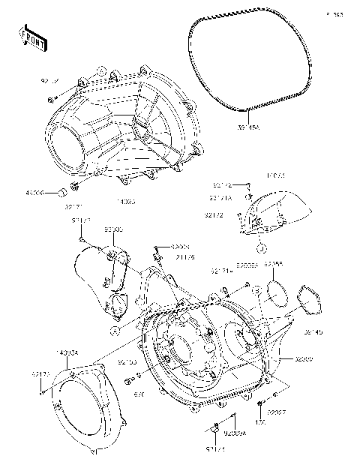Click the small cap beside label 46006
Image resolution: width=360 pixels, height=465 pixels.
(56, 193)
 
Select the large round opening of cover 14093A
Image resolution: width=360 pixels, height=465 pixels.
(85, 412)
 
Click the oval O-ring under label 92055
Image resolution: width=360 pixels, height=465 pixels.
(277, 293)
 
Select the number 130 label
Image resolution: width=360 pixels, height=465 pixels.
(260, 421)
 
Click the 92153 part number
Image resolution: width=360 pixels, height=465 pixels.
(127, 361)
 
